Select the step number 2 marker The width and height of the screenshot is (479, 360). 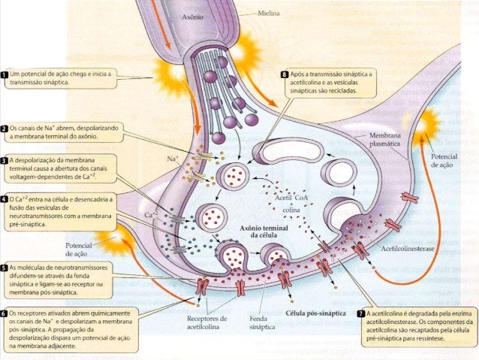click(5, 129)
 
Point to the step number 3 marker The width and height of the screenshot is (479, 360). click(5, 160)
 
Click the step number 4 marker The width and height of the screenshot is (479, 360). click(5, 200)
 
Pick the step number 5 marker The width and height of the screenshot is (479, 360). click(5, 268)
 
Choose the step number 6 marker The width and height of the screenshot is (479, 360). click(5, 312)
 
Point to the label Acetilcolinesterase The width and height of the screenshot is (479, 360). click(410, 247)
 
